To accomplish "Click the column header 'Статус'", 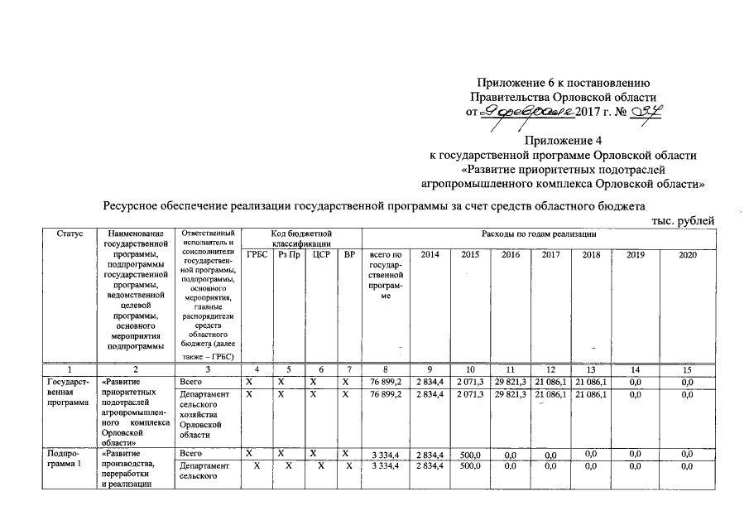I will tap(70, 234).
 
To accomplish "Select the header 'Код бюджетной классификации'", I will tap(302, 239).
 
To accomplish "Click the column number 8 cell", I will tap(386, 369).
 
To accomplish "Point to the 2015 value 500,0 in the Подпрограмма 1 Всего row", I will tap(470, 455).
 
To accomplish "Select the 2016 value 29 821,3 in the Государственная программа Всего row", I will tap(511, 381).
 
